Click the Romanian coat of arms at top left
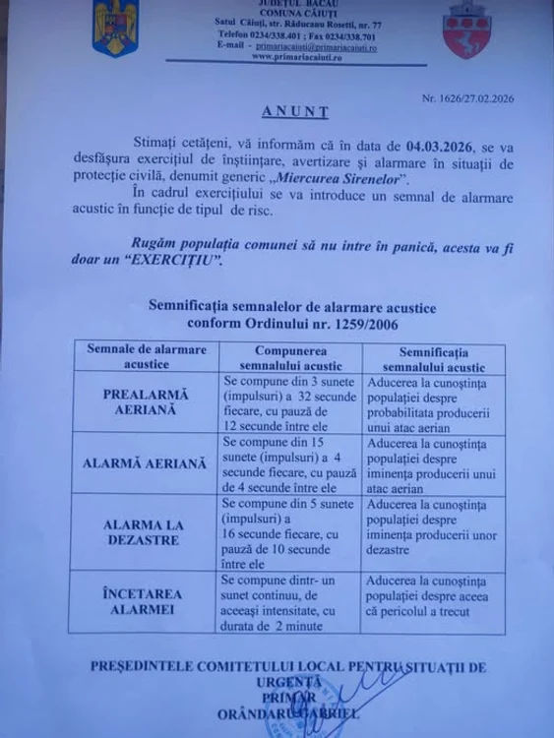coord(116,28)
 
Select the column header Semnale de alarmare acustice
coord(147,356)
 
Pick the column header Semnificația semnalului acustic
coord(433,357)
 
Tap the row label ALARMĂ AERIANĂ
coord(147,462)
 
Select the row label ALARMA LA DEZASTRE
coord(147,532)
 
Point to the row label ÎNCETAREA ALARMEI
coord(147,602)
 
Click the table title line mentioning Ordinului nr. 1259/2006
coord(278,322)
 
